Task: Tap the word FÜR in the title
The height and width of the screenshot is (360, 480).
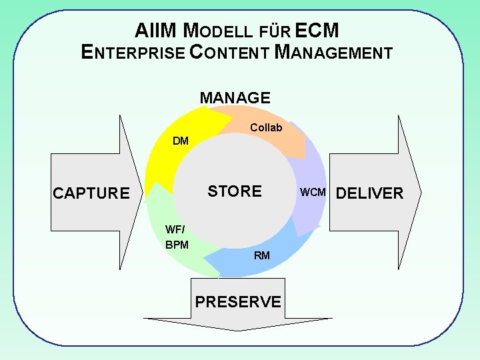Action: [x=275, y=31]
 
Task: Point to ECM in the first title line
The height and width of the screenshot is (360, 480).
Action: [x=317, y=31]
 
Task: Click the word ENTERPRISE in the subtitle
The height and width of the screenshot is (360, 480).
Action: [x=133, y=52]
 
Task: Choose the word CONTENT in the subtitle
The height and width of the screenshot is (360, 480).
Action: [x=230, y=52]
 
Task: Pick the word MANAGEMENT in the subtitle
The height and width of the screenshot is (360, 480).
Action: [x=334, y=52]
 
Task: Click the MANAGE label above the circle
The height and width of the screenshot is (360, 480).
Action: [x=235, y=98]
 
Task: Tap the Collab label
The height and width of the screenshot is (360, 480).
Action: [x=266, y=127]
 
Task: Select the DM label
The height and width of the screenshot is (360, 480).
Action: [x=181, y=141]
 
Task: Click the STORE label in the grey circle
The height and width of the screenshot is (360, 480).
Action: [x=235, y=191]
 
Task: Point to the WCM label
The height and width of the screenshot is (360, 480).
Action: [x=313, y=193]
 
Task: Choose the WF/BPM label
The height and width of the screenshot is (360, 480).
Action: [x=177, y=237]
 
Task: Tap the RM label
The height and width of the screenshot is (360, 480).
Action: [x=262, y=255]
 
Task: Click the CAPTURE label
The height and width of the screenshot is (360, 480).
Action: [x=91, y=193]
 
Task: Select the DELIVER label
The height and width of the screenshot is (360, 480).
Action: [x=370, y=193]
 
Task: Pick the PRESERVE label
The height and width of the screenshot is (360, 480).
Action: [x=238, y=301]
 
